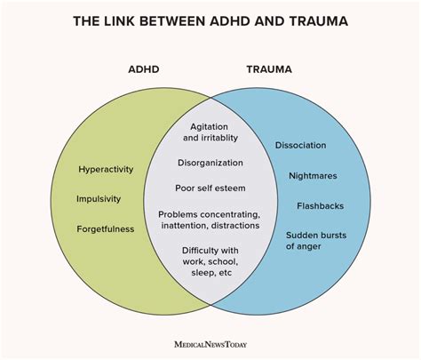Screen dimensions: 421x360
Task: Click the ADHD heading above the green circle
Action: tap(144, 69)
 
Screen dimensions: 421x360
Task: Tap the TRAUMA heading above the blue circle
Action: tap(269, 69)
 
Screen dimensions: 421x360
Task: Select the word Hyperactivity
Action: tap(106, 170)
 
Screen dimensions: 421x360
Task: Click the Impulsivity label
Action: tap(99, 199)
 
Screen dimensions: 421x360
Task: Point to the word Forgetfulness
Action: tap(106, 229)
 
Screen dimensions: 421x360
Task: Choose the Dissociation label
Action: tap(301, 145)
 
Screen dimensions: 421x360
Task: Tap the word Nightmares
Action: tap(313, 176)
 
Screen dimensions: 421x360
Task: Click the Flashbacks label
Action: tap(321, 206)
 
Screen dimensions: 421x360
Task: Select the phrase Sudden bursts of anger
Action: tap(316, 241)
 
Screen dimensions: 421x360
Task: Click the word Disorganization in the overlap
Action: tap(210, 163)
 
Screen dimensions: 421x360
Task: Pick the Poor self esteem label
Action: tap(210, 188)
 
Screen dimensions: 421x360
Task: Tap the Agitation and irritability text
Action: tap(210, 132)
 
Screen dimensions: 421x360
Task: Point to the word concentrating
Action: tap(229, 214)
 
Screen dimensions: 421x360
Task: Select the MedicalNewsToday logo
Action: tap(210, 345)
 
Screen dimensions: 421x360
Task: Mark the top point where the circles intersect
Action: tap(210, 98)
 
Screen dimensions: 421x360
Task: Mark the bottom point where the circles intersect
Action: tap(210, 304)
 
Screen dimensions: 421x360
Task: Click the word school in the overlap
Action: tap(223, 262)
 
